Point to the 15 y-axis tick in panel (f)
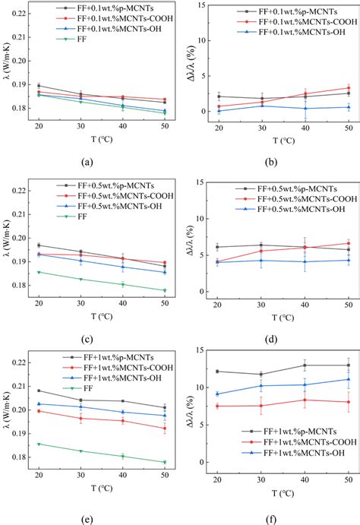(x=201, y=350)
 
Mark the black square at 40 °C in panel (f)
(x=305, y=365)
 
